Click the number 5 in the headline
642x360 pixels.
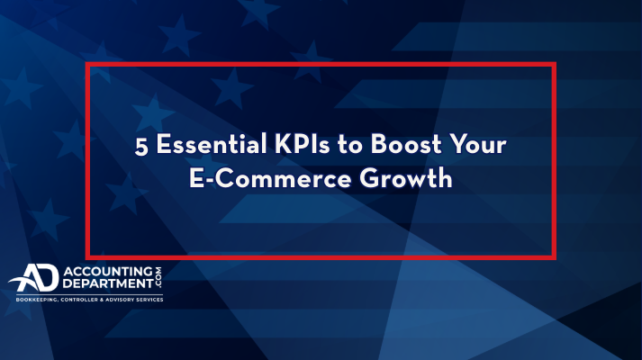141,146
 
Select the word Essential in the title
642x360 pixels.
212,144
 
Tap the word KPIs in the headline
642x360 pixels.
302,144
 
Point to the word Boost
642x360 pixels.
406,144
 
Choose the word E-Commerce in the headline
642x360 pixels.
270,179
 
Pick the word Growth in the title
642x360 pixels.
406,178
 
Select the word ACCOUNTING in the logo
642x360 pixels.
108,272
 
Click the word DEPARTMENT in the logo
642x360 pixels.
108,283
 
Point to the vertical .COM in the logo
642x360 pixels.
158,277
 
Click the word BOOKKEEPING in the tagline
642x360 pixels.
36,300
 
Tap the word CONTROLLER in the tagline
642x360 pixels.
79,300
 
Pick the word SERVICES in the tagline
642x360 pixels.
150,300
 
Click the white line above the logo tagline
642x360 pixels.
89,294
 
